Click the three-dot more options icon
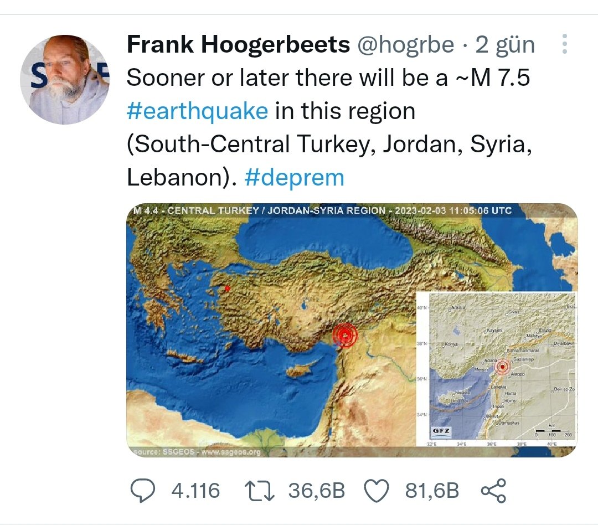pos(564,44)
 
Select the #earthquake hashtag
pos(197,111)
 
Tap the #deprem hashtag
pos(294,178)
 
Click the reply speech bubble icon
pos(145,491)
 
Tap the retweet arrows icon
pos(259,491)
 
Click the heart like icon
pos(378,491)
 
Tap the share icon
pos(494,491)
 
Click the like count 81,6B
pos(432,491)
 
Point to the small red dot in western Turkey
pos(227,288)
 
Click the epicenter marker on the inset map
pos(503,367)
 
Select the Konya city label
pos(453,345)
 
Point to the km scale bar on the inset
pos(552,430)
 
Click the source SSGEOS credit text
pos(197,452)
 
